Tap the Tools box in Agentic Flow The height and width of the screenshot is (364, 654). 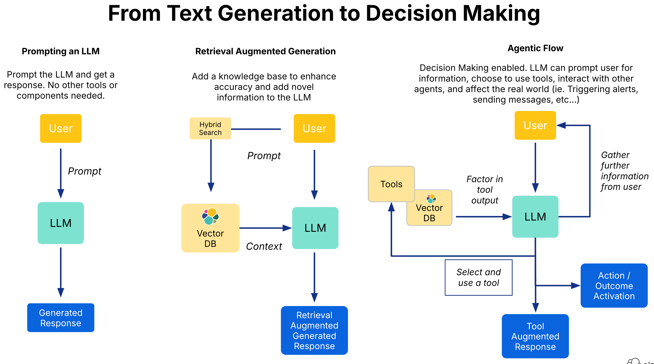(391, 184)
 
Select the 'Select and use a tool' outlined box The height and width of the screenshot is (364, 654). (478, 277)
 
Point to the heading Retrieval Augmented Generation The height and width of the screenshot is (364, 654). (265, 51)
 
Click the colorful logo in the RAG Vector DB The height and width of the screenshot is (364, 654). (210, 216)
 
